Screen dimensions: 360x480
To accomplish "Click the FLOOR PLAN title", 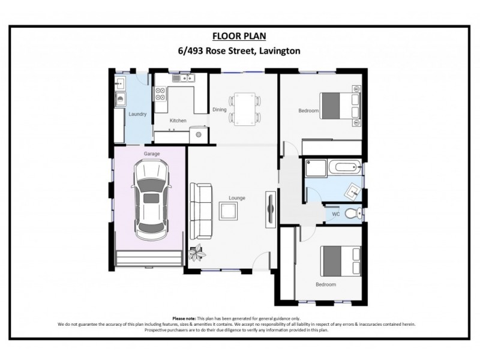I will (240, 37).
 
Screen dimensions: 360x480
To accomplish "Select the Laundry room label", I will (137, 114).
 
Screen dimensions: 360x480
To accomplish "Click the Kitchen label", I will (178, 121).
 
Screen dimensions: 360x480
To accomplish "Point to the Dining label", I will (219, 109).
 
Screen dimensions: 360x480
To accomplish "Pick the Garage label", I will (151, 154).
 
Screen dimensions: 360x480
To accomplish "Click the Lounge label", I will (237, 198).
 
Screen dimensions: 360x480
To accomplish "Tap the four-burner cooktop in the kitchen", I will (161, 94).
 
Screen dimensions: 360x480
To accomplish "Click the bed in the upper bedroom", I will (338, 106).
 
